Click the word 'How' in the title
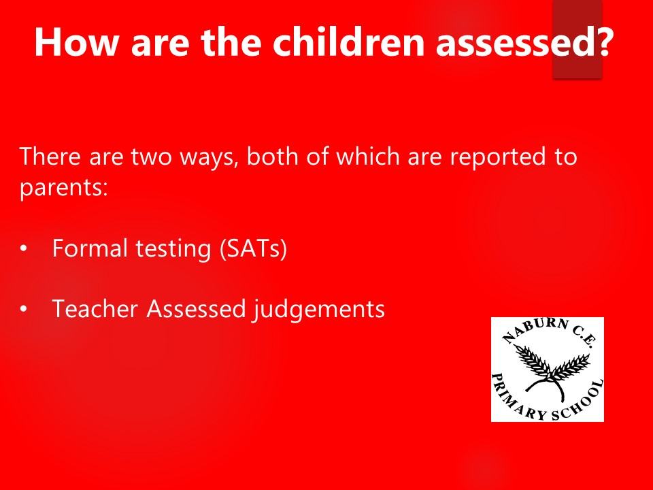77,42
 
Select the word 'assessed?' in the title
524,42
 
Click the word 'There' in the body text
50,157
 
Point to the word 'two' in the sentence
151,157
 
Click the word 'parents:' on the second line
64,189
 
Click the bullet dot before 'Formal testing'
24,249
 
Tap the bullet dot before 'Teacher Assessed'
24,309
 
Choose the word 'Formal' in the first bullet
90,248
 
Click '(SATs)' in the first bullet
253,249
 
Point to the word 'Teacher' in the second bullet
95,309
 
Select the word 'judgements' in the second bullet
318,310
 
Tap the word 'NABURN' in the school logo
533,330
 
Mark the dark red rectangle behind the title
577,39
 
